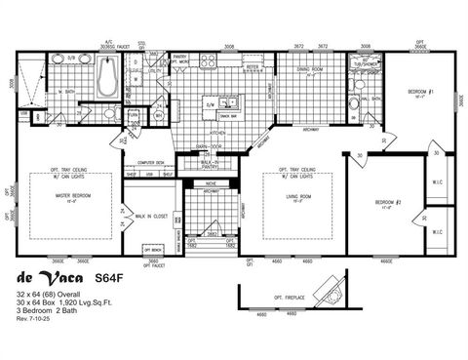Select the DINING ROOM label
pyautogui.click(x=310, y=69)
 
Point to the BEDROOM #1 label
pyautogui.click(x=420, y=93)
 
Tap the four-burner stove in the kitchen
pyautogui.click(x=209, y=60)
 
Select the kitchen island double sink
pyautogui.click(x=226, y=102)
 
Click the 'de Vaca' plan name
pyautogui.click(x=49, y=277)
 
